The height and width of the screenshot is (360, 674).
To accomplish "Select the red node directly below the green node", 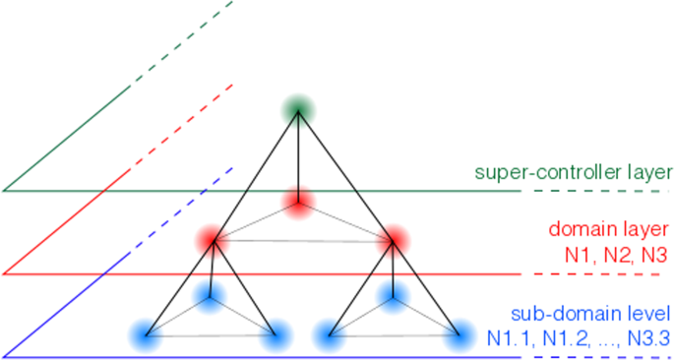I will coord(298,202).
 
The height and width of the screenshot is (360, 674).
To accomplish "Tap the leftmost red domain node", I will coord(210,239).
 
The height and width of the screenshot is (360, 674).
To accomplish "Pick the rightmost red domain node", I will coord(393,239).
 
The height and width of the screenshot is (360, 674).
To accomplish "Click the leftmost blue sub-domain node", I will coord(146,334).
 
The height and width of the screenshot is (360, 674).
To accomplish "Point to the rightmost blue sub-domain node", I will coord(458,334).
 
